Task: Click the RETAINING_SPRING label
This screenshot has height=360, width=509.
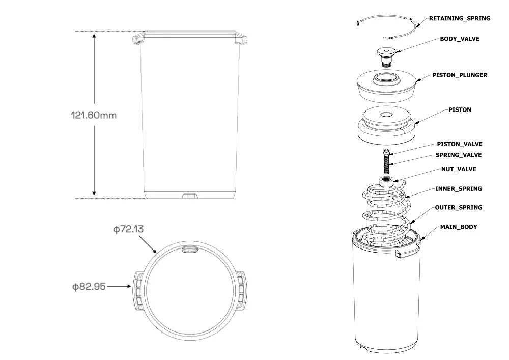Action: click(459, 18)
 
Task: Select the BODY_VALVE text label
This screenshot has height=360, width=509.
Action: click(459, 39)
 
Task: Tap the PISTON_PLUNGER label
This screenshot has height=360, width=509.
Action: click(459, 75)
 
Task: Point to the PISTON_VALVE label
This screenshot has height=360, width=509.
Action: click(459, 144)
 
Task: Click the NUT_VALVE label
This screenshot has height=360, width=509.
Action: click(458, 169)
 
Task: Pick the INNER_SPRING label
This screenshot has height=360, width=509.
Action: click(458, 189)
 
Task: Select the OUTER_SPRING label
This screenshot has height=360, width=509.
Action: click(458, 208)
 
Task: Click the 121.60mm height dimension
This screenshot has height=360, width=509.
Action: click(94, 115)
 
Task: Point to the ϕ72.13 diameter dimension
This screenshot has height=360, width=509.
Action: click(128, 229)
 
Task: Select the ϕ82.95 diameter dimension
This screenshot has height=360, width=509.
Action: click(90, 287)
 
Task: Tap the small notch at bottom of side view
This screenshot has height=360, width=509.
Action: click(190, 196)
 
